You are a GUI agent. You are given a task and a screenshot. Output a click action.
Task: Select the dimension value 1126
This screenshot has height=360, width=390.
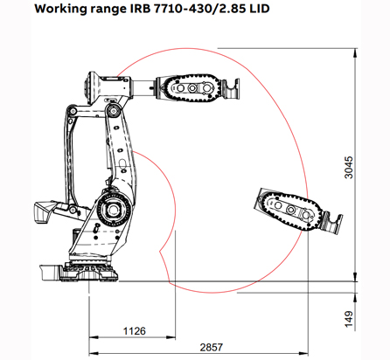(x=133, y=330)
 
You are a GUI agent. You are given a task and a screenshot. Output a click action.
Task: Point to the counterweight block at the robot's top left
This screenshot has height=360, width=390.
(x=91, y=88)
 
